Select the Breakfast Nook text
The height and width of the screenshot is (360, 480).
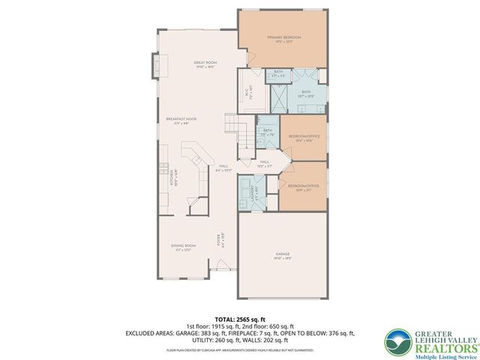coord(181,119)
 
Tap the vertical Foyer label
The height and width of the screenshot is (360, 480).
coord(220,241)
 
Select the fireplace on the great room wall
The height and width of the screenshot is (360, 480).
coord(156,64)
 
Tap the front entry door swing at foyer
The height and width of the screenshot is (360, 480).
coord(223,264)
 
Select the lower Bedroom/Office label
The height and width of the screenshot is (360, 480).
coord(298,187)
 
